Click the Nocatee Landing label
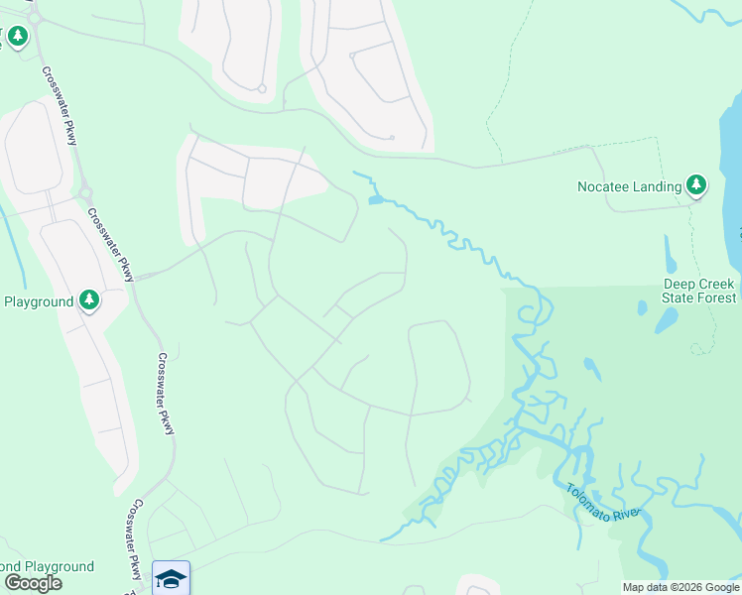630,186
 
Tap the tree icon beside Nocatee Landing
696,184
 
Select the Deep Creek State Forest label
699,291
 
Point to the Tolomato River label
604,504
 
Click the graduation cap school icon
171,578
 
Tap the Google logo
33,583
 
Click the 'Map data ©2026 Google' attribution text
680,587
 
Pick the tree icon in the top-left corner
17,37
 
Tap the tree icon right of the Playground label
89,299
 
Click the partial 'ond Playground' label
47,566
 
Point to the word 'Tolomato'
590,498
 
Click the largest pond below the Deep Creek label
666,320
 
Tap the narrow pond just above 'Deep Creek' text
672,253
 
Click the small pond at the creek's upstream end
376,200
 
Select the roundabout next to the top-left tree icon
35,19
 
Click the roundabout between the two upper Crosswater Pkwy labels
85,192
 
